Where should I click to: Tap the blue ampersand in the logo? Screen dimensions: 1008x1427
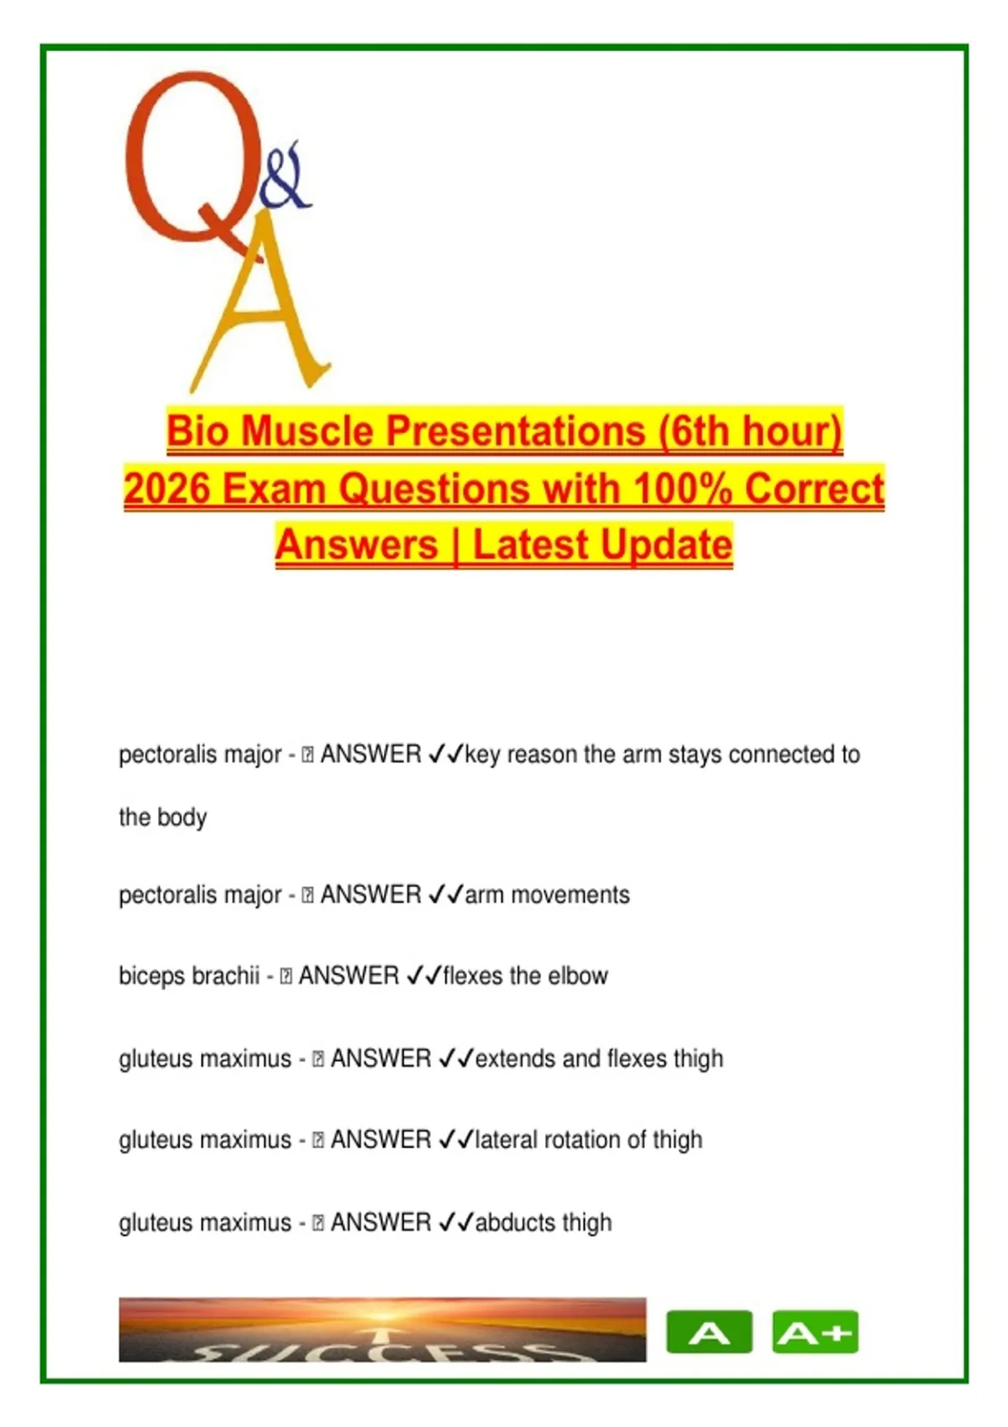(x=285, y=175)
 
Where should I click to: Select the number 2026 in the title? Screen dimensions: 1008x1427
(x=167, y=489)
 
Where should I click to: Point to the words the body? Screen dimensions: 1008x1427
(x=163, y=818)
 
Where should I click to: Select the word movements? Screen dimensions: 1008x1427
(x=570, y=895)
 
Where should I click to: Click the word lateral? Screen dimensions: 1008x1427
(x=506, y=1140)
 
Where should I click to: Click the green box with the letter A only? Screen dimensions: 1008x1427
(x=709, y=1332)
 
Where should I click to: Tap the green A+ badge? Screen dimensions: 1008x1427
(x=816, y=1332)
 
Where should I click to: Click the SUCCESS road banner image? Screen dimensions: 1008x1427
(x=382, y=1330)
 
